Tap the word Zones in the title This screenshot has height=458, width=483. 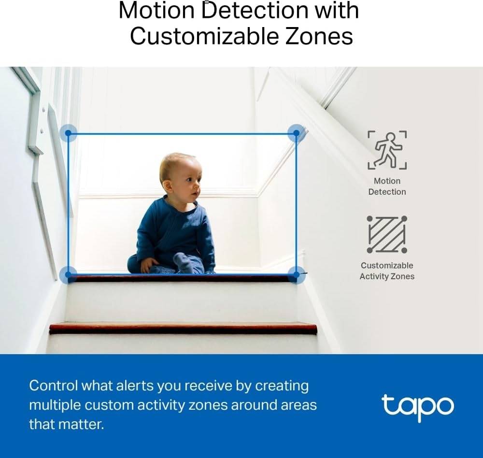[319, 36]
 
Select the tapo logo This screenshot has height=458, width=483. [417, 407]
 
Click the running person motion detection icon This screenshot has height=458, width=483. [387, 150]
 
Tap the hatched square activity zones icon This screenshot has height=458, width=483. [387, 234]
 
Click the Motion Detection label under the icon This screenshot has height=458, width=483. [387, 186]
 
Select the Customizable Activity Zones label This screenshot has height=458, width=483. [387, 271]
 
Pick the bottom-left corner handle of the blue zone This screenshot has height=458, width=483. [68, 275]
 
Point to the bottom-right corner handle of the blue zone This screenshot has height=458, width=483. [296, 274]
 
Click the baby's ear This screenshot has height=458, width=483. [168, 186]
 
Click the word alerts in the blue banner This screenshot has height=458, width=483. [134, 386]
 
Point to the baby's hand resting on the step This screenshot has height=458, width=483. [148, 265]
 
